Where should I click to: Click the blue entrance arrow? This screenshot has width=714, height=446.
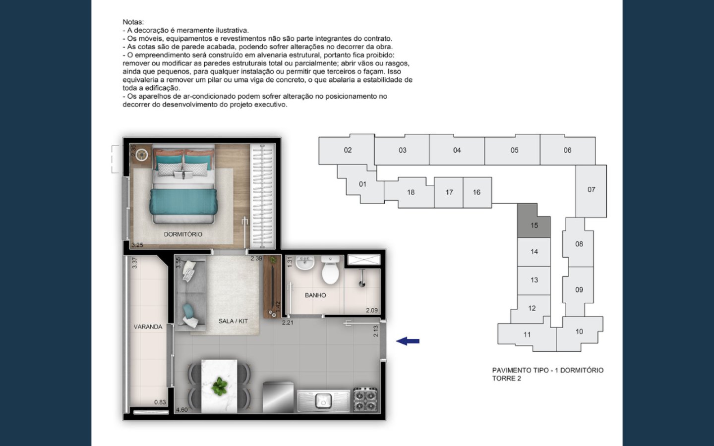pyautogui.click(x=408, y=341)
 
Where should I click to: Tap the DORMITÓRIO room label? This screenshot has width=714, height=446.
pyautogui.click(x=183, y=234)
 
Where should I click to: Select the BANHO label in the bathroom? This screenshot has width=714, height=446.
pyautogui.click(x=315, y=295)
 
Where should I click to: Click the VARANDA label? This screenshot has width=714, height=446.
pyautogui.click(x=148, y=327)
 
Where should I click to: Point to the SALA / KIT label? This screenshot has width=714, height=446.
pyautogui.click(x=233, y=321)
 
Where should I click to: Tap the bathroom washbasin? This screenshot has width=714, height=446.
pyautogui.click(x=302, y=263)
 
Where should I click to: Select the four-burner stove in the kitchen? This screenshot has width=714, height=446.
pyautogui.click(x=365, y=399)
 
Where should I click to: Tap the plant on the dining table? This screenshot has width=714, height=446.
pyautogui.click(x=219, y=386)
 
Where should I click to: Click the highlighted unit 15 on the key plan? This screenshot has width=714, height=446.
pyautogui.click(x=534, y=225)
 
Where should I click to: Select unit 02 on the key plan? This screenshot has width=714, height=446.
pyautogui.click(x=348, y=150)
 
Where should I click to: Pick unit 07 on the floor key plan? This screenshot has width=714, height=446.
pyautogui.click(x=591, y=189)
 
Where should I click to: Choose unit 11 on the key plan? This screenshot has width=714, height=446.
pyautogui.click(x=527, y=334)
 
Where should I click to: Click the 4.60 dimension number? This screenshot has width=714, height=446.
pyautogui.click(x=182, y=410)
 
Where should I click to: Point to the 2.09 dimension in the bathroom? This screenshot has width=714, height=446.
pyautogui.click(x=371, y=311)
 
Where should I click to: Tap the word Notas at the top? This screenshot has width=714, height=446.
pyautogui.click(x=133, y=22)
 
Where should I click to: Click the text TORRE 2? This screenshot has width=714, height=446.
pyautogui.click(x=506, y=379)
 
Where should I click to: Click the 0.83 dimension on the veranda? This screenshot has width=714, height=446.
pyautogui.click(x=160, y=402)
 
